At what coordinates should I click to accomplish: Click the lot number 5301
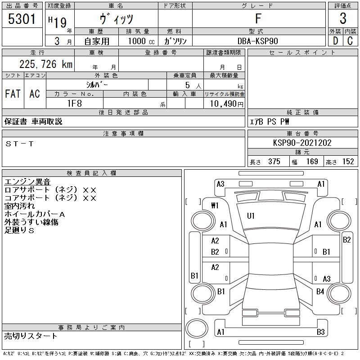(x=22, y=19)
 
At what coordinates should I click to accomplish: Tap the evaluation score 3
(x=343, y=18)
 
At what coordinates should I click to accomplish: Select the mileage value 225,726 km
(x=46, y=64)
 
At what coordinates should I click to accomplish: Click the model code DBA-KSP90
(x=257, y=41)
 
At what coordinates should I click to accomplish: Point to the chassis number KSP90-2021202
(x=302, y=143)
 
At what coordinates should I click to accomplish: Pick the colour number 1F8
(x=75, y=103)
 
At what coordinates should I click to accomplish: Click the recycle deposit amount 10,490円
(x=226, y=104)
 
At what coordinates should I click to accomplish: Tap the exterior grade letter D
(x=335, y=41)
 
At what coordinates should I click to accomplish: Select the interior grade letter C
(x=350, y=41)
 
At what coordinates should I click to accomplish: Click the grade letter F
(x=258, y=18)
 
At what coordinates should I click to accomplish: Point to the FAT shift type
(x=13, y=94)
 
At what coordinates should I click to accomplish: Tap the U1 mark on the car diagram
(x=251, y=216)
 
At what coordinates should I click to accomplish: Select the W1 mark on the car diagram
(x=215, y=206)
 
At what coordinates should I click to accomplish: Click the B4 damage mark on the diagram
(x=320, y=292)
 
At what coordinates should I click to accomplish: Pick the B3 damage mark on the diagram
(x=321, y=332)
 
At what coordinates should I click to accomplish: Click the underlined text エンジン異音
(x=27, y=182)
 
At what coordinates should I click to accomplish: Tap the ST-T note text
(x=20, y=144)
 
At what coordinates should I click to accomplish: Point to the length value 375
(x=274, y=162)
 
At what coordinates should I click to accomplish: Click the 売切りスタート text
(x=31, y=336)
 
